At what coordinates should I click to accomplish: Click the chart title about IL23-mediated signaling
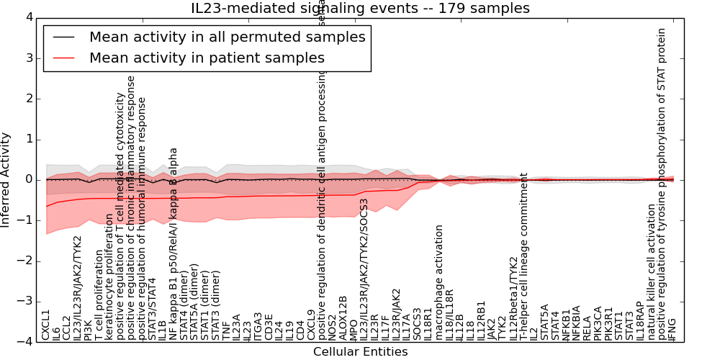[360, 9]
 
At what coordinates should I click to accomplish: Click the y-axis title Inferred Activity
[6, 179]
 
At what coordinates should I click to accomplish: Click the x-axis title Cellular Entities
[360, 352]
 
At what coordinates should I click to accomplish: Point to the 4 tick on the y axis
[28, 17]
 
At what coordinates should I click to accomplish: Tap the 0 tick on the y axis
[28, 179]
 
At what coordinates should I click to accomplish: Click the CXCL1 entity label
[46, 325]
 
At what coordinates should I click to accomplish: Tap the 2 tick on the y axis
[28, 99]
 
